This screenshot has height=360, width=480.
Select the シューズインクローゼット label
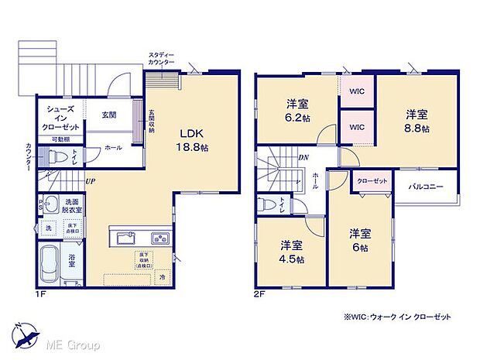click(x=60, y=120)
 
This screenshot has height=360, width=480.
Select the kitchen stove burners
click(x=160, y=237)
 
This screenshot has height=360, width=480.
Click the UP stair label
click(x=91, y=181)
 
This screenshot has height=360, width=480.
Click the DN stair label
click(x=303, y=157)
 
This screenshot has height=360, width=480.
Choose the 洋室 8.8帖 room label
click(x=416, y=121)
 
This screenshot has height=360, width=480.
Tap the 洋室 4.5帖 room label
click(x=292, y=252)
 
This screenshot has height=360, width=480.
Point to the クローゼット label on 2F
click(x=372, y=180)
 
